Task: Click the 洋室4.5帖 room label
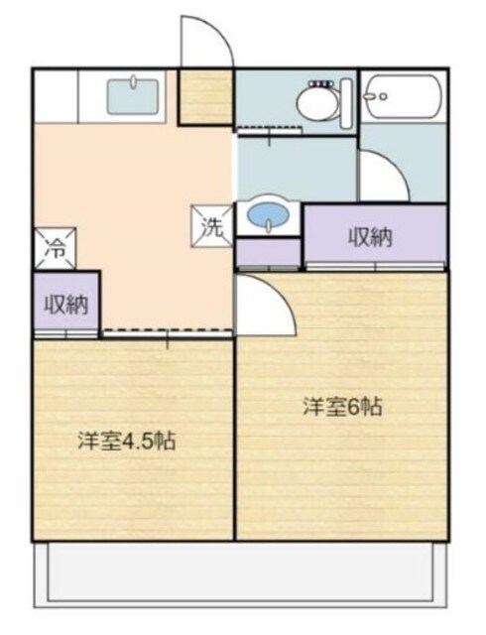click(x=127, y=442)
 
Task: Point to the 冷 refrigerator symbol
click(x=57, y=248)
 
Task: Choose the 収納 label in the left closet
click(x=65, y=304)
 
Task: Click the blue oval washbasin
click(x=268, y=215)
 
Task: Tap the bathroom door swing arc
click(x=381, y=175)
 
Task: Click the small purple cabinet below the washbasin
click(x=268, y=254)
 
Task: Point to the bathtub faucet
click(x=371, y=97)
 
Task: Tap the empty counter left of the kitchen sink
click(x=56, y=96)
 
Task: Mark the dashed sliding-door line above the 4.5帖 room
click(x=167, y=334)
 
